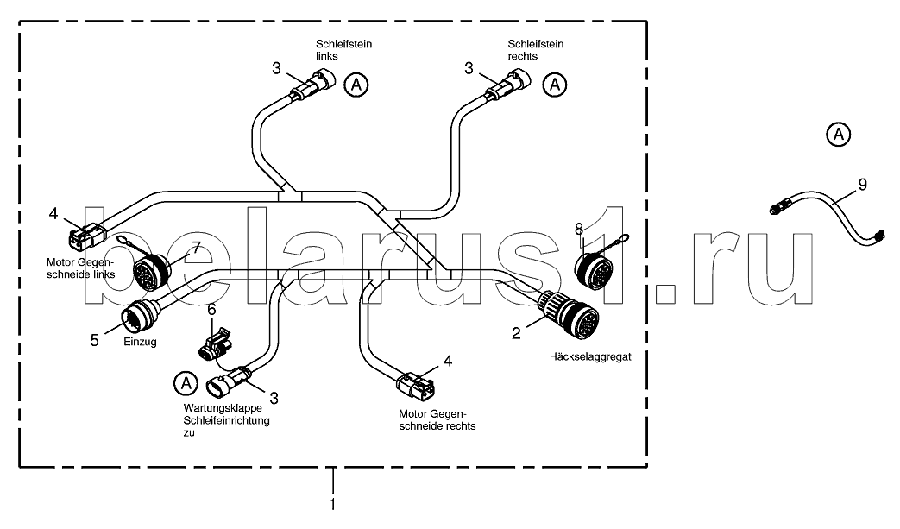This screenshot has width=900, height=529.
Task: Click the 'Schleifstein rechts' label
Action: pyautogui.click(x=529, y=49)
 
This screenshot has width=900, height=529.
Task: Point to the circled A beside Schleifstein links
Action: pyautogui.click(x=356, y=84)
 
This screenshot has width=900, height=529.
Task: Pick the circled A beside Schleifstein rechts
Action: pyautogui.click(x=556, y=84)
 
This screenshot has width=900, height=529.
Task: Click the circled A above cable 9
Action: pyautogui.click(x=837, y=135)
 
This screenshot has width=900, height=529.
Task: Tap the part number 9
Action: pyautogui.click(x=862, y=184)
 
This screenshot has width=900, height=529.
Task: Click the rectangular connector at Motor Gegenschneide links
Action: pyautogui.click(x=87, y=233)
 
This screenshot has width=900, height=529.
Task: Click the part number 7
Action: pyautogui.click(x=196, y=249)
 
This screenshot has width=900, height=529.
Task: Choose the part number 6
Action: pyautogui.click(x=211, y=309)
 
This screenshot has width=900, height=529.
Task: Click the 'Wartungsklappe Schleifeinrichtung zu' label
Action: pyautogui.click(x=226, y=420)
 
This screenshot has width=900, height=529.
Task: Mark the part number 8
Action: pyautogui.click(x=580, y=229)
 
